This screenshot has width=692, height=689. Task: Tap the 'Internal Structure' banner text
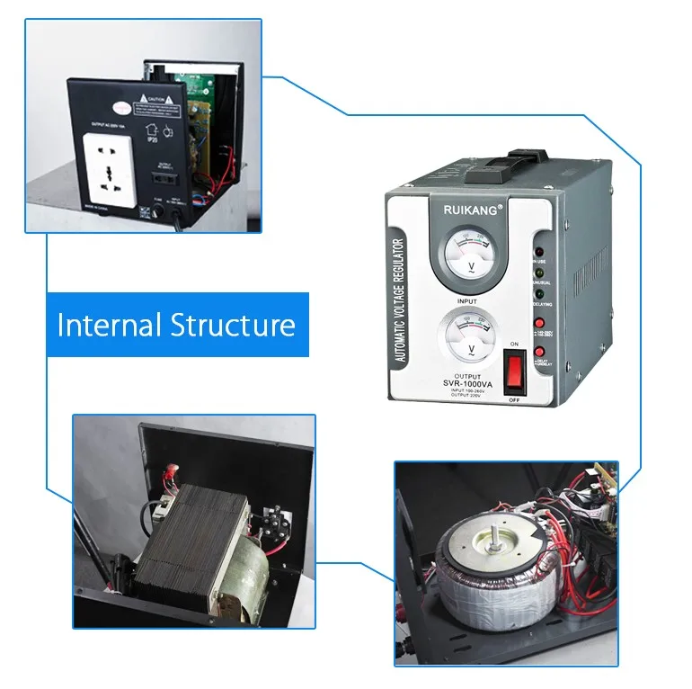(176, 325)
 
